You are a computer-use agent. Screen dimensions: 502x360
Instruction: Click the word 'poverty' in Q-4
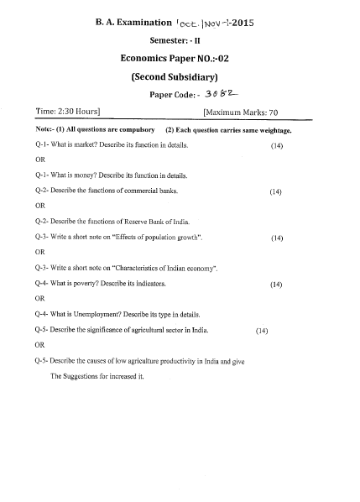[x=91, y=285]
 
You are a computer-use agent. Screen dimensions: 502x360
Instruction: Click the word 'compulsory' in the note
[x=136, y=131]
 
